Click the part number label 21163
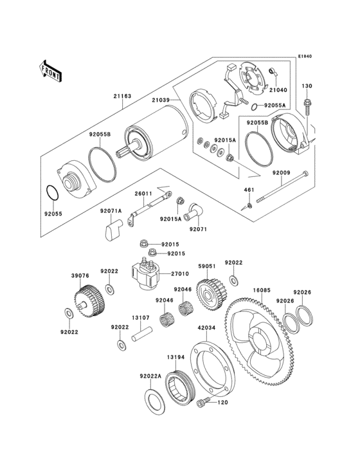[x=122, y=96]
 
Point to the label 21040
[x=278, y=90]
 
